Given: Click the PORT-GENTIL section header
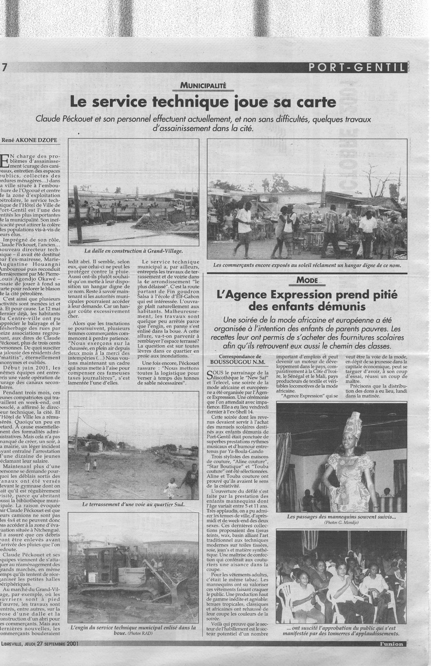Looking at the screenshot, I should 357,67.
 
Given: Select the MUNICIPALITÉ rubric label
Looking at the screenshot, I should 203,86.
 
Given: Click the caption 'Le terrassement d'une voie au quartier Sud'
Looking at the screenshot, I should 133,504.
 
